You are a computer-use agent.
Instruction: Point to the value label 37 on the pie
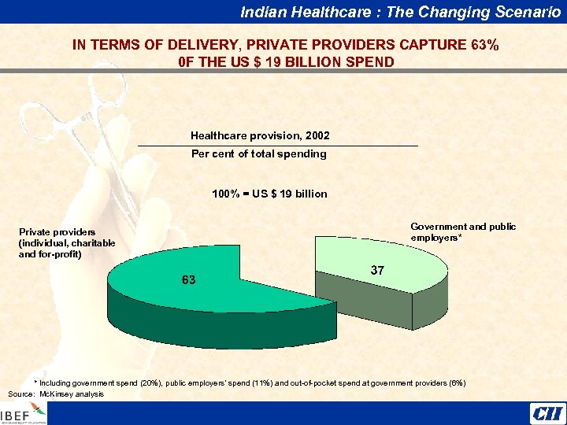[377, 270]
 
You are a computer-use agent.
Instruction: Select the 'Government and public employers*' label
[463, 231]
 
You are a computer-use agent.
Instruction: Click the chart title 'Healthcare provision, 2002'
[260, 135]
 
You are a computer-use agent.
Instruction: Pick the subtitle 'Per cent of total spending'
[258, 153]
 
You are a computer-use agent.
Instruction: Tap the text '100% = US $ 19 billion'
[269, 194]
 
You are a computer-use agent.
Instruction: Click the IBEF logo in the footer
[24, 414]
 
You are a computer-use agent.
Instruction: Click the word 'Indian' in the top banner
[261, 11]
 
